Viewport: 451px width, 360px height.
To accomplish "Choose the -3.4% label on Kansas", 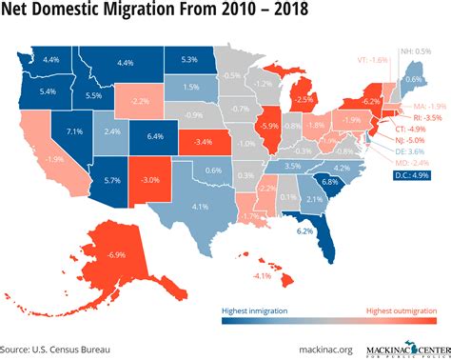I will [204, 144].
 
